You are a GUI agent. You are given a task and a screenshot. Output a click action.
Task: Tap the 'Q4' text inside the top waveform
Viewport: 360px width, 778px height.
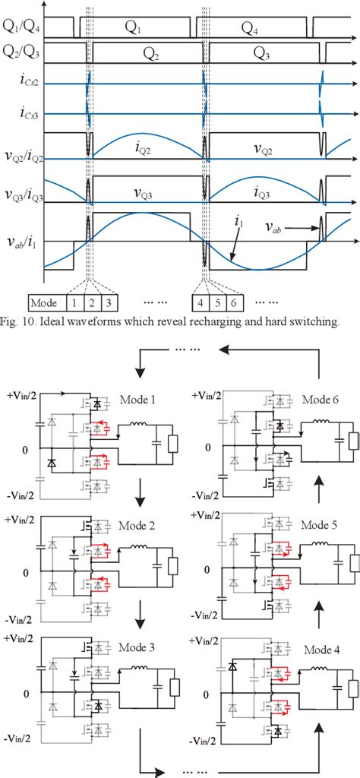coord(251,28)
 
